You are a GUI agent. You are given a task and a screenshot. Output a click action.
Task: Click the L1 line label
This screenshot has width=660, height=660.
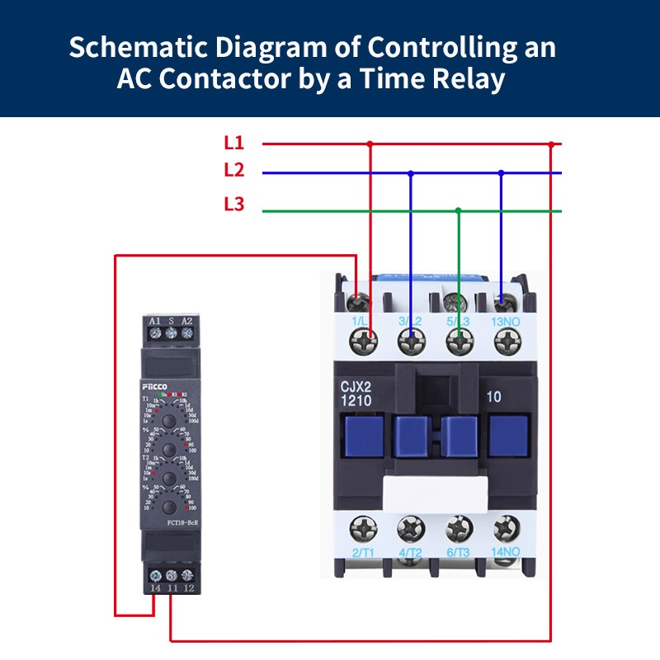(234, 142)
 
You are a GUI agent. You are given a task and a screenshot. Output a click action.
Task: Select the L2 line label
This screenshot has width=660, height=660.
(234, 171)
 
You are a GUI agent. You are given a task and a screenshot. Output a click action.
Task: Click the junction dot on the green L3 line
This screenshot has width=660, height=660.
(459, 211)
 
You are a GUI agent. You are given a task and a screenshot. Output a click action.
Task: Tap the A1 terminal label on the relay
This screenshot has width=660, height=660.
(154, 321)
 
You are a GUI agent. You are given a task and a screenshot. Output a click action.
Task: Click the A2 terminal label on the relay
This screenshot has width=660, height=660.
(187, 321)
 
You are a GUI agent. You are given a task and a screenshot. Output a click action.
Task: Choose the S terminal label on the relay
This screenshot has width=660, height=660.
(171, 321)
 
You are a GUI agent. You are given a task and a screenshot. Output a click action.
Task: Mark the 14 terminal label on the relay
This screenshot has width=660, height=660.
(154, 587)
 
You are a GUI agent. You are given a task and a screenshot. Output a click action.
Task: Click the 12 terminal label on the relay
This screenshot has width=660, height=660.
(188, 587)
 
